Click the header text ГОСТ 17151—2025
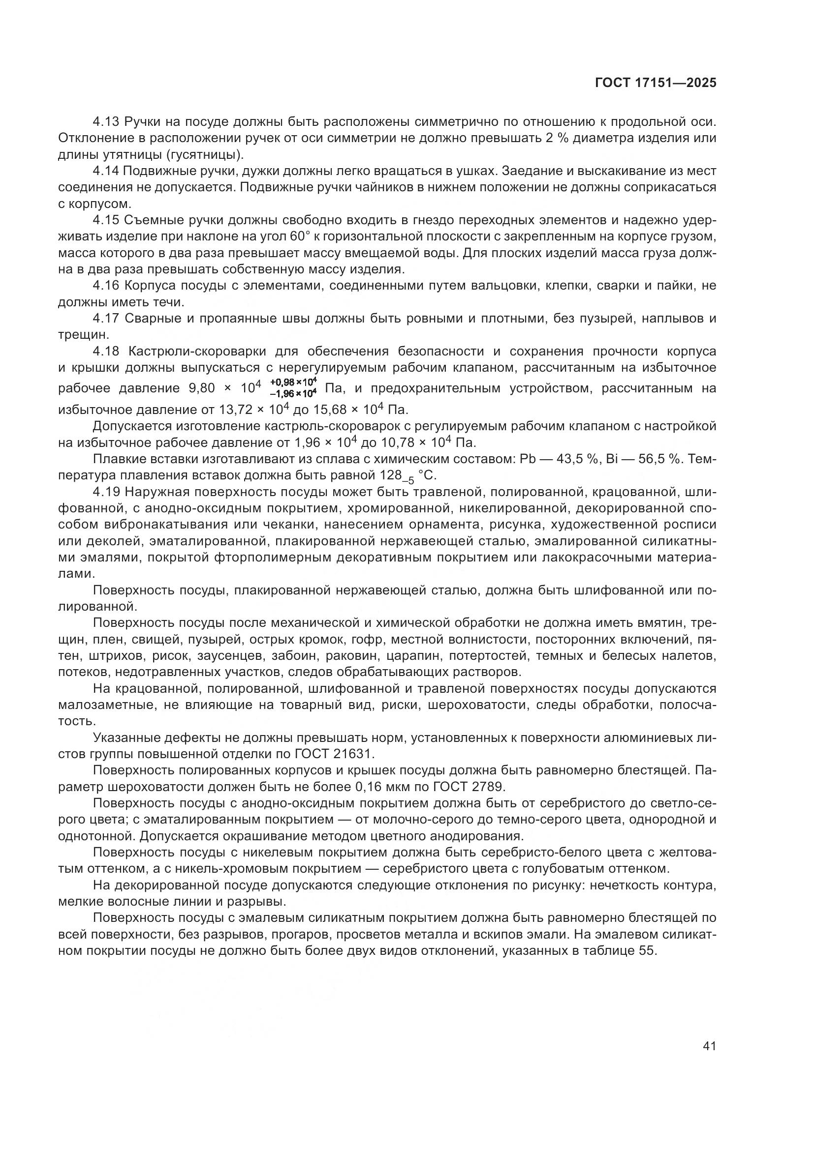pyautogui.click(x=656, y=83)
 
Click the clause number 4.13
pyautogui.click(x=106, y=122)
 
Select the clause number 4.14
pyautogui.click(x=106, y=171)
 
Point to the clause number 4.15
pyautogui.click(x=106, y=220)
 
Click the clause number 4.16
pyautogui.click(x=106, y=286)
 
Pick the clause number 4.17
pyautogui.click(x=106, y=319)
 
